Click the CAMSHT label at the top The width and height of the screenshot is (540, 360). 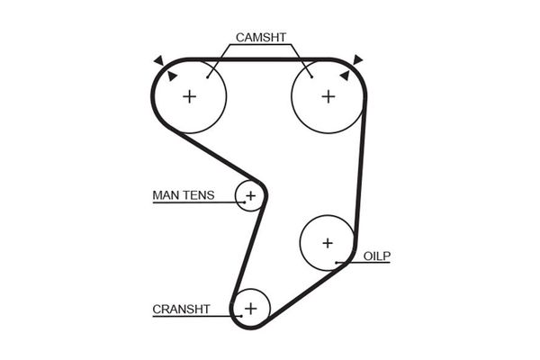pos(261,37)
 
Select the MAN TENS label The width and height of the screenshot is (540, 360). pos(184,195)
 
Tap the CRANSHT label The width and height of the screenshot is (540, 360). pos(181,309)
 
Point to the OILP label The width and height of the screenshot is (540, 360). pos(377,256)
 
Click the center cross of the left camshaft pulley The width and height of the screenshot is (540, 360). pos(189,96)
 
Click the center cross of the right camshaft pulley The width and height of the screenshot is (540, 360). pos(328,96)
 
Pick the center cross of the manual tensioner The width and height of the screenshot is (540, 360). pos(250,195)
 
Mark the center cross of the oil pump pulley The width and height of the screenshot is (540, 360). pos(328,243)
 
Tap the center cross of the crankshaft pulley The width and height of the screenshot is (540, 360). pos(251,309)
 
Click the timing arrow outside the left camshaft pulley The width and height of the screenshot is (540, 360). pos(159,60)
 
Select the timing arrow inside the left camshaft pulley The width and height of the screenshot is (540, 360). pos(172,76)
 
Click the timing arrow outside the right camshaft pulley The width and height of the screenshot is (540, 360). pos(357,60)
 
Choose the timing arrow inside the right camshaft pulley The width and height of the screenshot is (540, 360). pos(345,76)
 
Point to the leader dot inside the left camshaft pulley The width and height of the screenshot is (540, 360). pos(207,77)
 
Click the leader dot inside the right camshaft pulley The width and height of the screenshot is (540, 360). pos(311,76)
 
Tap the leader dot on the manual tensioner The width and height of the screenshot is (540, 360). pos(245,202)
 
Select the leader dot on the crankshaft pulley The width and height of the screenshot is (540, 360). pos(241,316)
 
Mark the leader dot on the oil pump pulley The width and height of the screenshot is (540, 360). pos(337,263)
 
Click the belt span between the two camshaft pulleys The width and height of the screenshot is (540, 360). pos(259,59)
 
